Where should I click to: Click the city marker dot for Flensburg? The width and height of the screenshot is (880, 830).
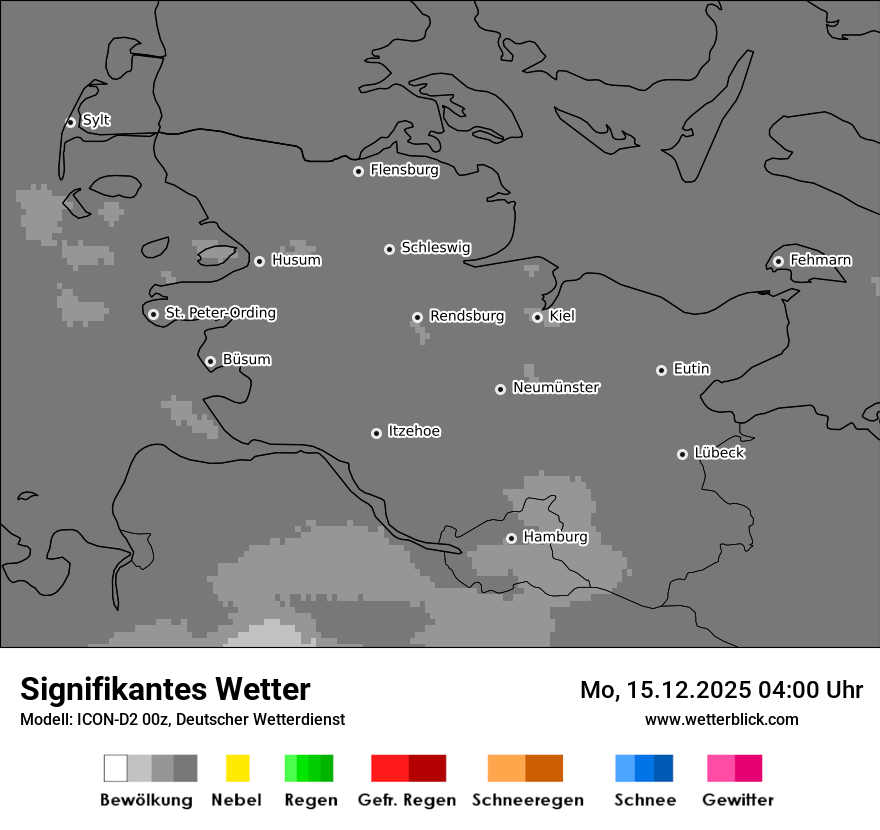[x=358, y=171]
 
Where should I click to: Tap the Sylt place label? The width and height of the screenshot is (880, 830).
[x=96, y=120]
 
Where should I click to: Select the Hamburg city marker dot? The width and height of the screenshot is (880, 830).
[x=511, y=538]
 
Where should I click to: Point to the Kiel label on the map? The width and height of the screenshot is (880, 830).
[x=562, y=316]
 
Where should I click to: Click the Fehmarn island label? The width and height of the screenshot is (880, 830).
[x=820, y=260]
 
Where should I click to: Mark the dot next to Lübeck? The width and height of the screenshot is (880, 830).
[x=682, y=454]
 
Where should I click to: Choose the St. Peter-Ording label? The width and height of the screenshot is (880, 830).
[x=220, y=313]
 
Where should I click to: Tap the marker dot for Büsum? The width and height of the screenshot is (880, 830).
[x=210, y=361]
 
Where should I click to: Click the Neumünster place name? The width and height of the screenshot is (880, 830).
[x=556, y=387]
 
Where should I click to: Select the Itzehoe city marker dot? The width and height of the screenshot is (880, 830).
[x=376, y=433]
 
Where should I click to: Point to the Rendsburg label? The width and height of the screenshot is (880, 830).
[x=467, y=316]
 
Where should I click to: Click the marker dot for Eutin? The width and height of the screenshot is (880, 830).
[x=661, y=370]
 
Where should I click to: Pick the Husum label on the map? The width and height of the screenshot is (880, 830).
[x=296, y=260]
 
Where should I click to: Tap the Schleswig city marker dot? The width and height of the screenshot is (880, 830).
[x=389, y=249]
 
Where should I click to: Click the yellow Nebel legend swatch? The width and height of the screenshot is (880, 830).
[x=237, y=768]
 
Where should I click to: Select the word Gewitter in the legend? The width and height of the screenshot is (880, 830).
[x=738, y=800]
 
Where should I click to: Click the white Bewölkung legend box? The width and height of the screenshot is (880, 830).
[x=116, y=768]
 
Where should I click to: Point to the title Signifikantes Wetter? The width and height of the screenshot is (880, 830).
[x=165, y=689]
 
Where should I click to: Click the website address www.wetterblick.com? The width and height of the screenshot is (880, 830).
[x=721, y=719]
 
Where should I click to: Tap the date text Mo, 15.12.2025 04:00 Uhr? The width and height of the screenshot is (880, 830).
[x=721, y=690]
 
